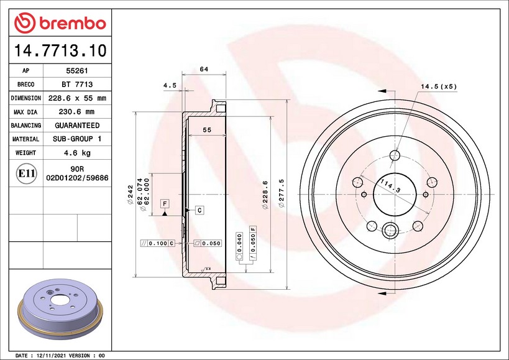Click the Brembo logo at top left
(x=60, y=23)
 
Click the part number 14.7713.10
(x=60, y=50)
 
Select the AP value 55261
(x=77, y=71)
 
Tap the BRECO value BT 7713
(x=77, y=85)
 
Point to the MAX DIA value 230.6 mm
(x=76, y=112)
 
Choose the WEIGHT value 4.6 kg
(x=77, y=152)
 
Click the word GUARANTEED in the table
(x=77, y=126)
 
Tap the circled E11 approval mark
(x=26, y=173)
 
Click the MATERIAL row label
(x=25, y=139)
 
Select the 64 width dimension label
(x=204, y=69)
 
